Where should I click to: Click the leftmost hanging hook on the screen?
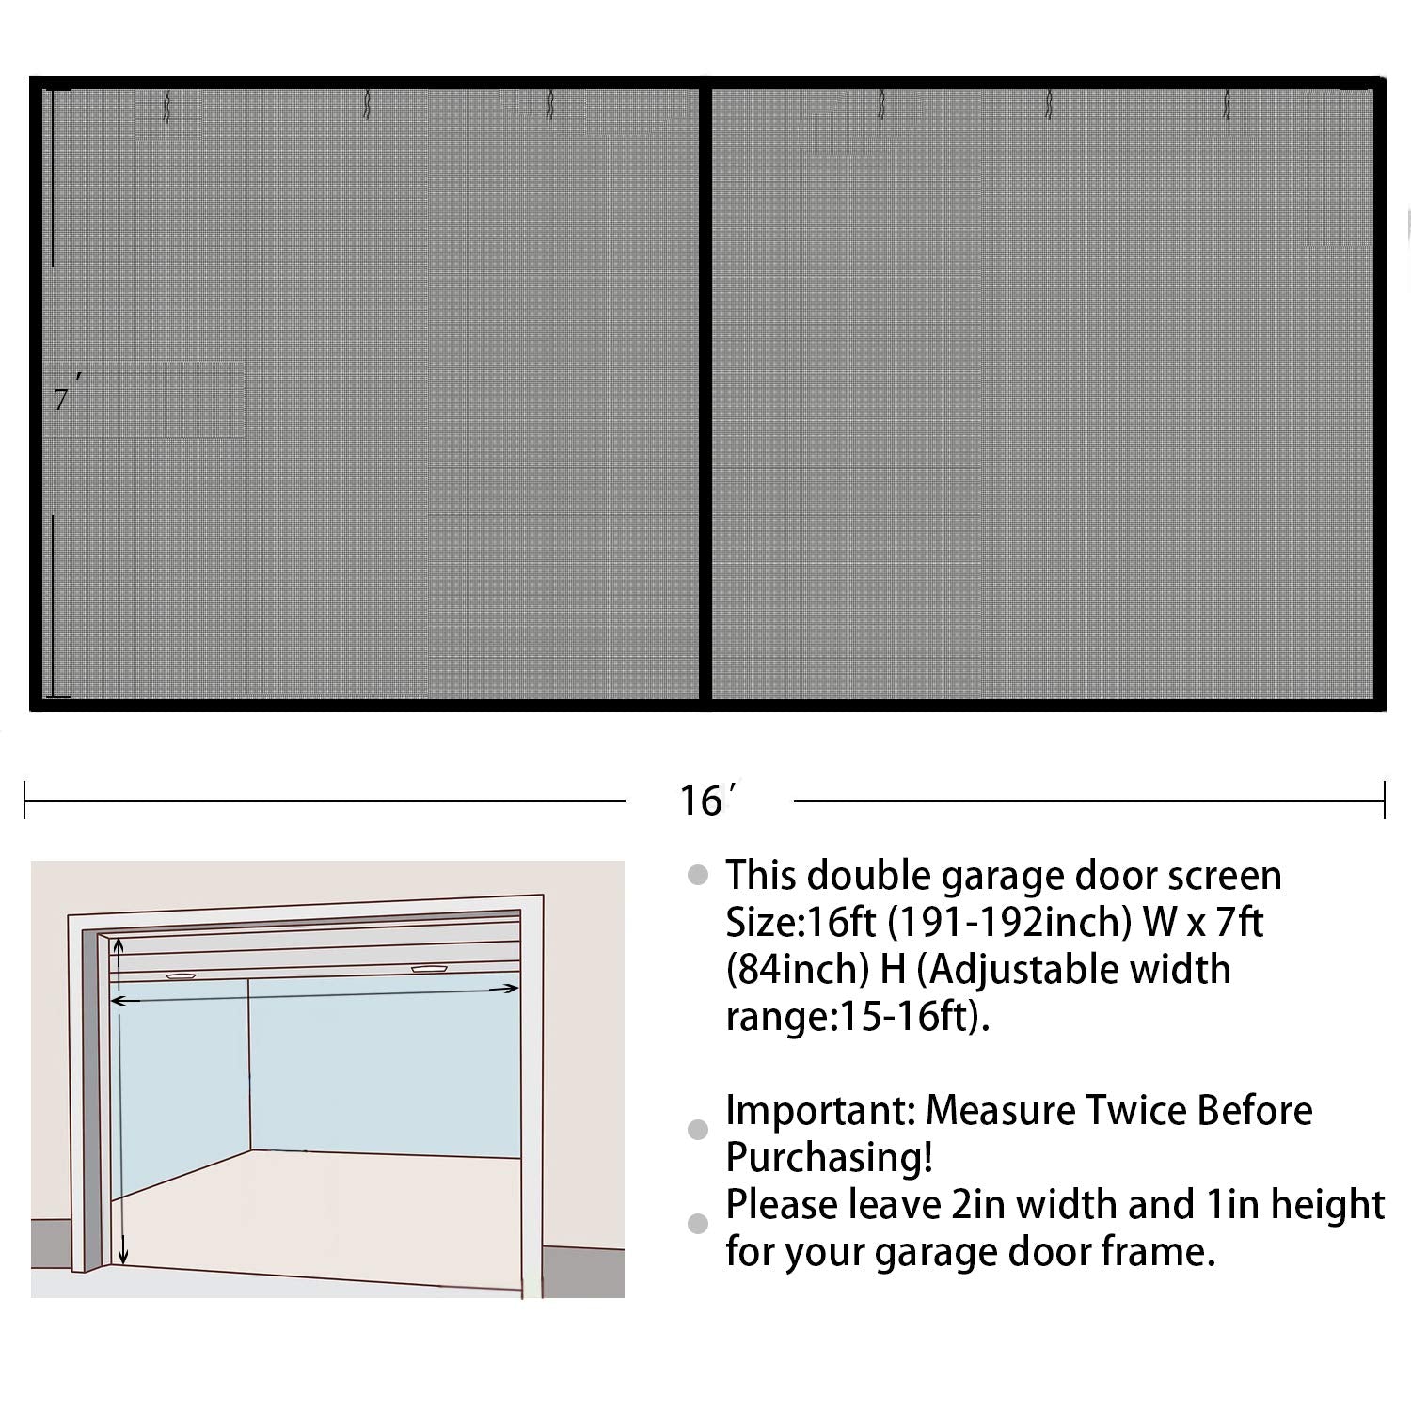[x=166, y=107]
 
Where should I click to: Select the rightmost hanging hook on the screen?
[x=1226, y=105]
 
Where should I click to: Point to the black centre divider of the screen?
[x=705, y=395]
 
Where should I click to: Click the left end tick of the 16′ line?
[x=25, y=801]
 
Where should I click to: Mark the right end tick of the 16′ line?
[x=1384, y=801]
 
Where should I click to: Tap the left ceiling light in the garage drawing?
[x=181, y=976]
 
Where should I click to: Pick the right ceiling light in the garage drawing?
[x=429, y=968]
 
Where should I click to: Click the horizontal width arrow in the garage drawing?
[x=315, y=994]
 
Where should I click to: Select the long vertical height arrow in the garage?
[x=122, y=1119]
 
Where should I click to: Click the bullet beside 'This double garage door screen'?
[x=698, y=876]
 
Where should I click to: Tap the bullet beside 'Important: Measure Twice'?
[x=698, y=1130]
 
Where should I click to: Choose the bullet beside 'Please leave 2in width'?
[x=698, y=1223]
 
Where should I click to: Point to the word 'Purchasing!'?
[x=829, y=1158]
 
